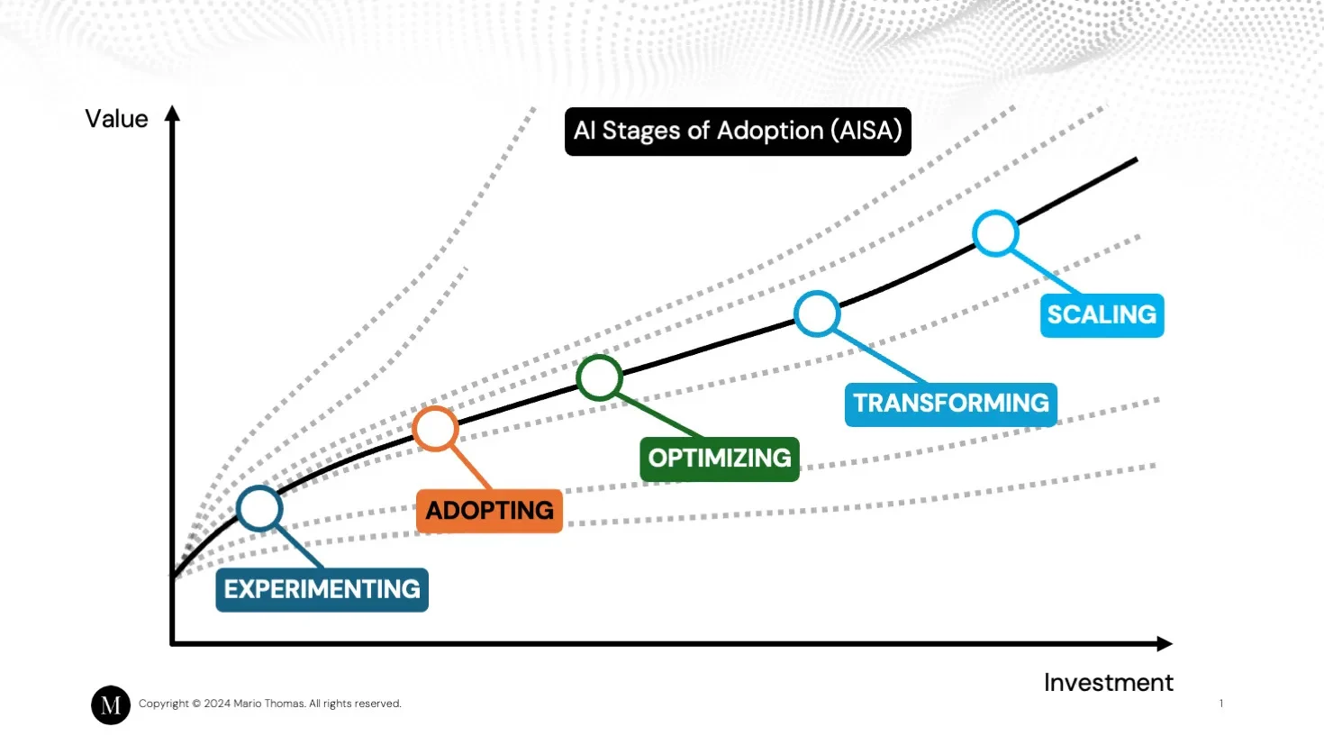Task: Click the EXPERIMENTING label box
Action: pyautogui.click(x=322, y=589)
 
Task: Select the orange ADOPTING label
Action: pyautogui.click(x=489, y=511)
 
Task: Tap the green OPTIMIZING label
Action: pyautogui.click(x=719, y=459)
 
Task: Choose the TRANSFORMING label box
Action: pyautogui.click(x=950, y=404)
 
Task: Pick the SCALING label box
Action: pyautogui.click(x=1102, y=315)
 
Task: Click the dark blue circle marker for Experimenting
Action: pyautogui.click(x=259, y=508)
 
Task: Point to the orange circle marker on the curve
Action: pyautogui.click(x=435, y=429)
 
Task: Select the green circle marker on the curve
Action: pyautogui.click(x=599, y=377)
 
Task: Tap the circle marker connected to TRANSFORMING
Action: pyautogui.click(x=817, y=313)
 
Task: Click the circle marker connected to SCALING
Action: pyautogui.click(x=995, y=233)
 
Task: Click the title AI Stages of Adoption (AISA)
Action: pyautogui.click(x=738, y=132)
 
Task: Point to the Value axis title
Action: pyautogui.click(x=116, y=119)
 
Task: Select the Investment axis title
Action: pyautogui.click(x=1108, y=683)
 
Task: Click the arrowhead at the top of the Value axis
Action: pyautogui.click(x=172, y=114)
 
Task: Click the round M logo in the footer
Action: pyautogui.click(x=111, y=704)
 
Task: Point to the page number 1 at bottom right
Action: pyautogui.click(x=1221, y=704)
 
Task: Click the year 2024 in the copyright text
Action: pyautogui.click(x=217, y=704)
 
